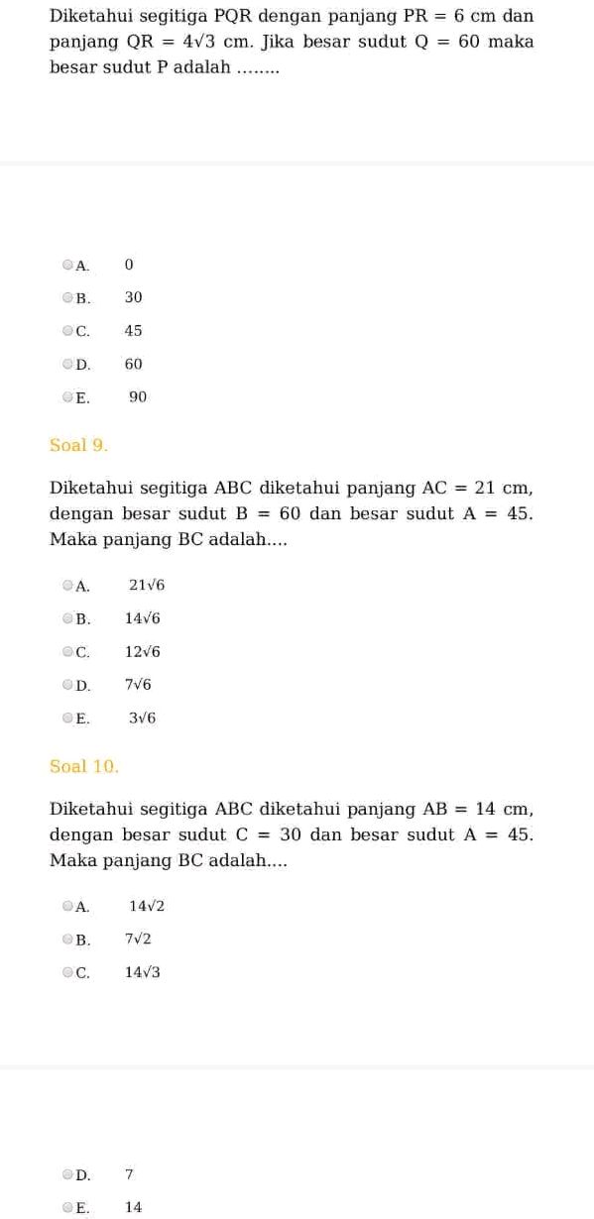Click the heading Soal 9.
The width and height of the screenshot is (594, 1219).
click(78, 445)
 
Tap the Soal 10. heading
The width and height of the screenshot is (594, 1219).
click(84, 766)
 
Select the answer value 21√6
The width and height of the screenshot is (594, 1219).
click(147, 586)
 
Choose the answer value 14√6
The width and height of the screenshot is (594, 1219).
click(143, 618)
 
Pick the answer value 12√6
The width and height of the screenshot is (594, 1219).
click(143, 652)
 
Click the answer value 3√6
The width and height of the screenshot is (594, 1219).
click(143, 719)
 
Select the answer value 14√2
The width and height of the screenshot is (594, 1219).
click(147, 906)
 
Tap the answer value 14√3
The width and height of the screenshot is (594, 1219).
click(143, 972)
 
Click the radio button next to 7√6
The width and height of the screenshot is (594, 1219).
click(67, 685)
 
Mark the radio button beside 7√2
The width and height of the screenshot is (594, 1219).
click(67, 939)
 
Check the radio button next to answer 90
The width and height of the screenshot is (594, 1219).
click(67, 397)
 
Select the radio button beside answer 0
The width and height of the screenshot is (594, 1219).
click(67, 265)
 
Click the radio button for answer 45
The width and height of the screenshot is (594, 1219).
click(67, 331)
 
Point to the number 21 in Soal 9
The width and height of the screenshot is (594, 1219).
click(485, 488)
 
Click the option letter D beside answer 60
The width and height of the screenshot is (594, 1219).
click(83, 365)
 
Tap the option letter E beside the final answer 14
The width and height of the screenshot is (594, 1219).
click(82, 1208)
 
